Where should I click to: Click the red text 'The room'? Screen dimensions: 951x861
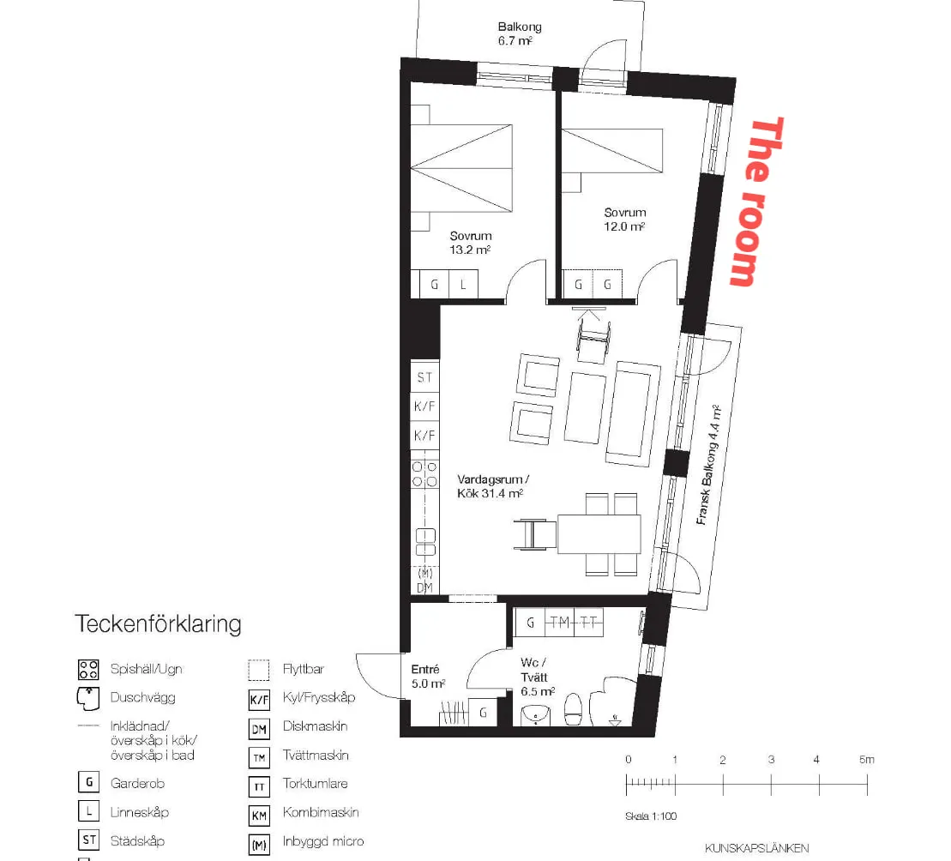click(757, 202)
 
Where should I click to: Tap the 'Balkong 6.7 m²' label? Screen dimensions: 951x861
click(519, 34)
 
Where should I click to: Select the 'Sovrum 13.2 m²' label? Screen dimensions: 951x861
click(471, 243)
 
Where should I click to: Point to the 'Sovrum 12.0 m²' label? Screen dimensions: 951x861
click(624, 220)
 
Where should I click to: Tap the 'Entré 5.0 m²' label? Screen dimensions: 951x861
click(428, 677)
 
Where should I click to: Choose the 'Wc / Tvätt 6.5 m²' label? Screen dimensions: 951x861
click(538, 677)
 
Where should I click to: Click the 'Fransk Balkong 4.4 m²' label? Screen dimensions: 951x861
click(708, 465)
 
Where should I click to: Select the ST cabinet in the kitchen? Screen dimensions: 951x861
click(424, 377)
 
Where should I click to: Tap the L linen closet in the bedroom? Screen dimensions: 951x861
click(463, 285)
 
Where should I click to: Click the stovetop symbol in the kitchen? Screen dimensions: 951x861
click(424, 474)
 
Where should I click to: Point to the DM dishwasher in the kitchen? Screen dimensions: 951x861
click(424, 587)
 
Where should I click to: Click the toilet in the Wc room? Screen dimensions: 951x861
click(573, 709)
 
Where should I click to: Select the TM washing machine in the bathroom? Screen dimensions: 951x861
click(559, 622)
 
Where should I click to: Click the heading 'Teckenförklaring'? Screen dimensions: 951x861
click(159, 624)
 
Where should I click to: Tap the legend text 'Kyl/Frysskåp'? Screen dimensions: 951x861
click(319, 697)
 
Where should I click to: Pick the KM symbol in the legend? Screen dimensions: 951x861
click(259, 816)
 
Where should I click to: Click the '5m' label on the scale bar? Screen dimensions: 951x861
click(867, 759)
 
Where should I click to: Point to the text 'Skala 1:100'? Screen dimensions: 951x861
click(651, 816)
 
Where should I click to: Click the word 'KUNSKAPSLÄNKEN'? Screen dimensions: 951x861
click(757, 848)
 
